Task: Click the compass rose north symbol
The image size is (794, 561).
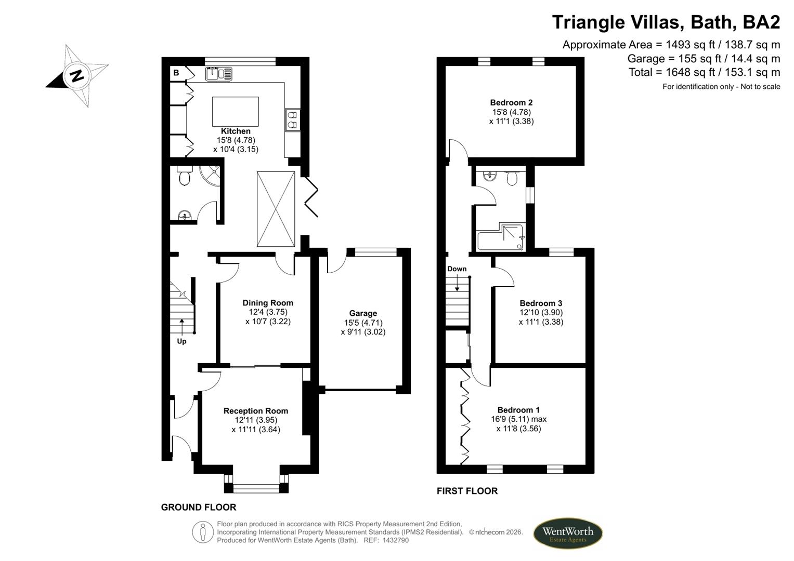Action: tap(77, 76)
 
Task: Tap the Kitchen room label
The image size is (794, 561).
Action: tap(236, 131)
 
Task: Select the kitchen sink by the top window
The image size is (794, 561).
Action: tap(219, 74)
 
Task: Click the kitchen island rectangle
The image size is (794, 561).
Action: tap(235, 111)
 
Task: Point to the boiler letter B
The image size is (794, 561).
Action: tap(176, 73)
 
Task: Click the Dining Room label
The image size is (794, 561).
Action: tap(268, 303)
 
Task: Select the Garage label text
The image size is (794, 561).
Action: tap(363, 313)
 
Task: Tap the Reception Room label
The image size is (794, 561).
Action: tap(255, 411)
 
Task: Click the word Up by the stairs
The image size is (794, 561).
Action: tap(181, 341)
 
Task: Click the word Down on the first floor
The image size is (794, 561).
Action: tap(457, 269)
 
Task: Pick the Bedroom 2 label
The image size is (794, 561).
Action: tap(511, 102)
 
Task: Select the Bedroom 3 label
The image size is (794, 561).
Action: tap(541, 303)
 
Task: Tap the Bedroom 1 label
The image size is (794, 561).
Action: tap(518, 410)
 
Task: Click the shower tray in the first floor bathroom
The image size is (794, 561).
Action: tap(512, 237)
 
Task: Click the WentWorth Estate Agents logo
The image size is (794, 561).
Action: tap(567, 533)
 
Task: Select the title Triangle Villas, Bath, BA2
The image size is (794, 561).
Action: tap(666, 22)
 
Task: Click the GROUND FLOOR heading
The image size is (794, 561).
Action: tap(199, 507)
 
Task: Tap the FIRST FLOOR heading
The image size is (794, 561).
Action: tap(467, 491)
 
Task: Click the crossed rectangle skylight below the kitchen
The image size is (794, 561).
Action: tap(276, 209)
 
